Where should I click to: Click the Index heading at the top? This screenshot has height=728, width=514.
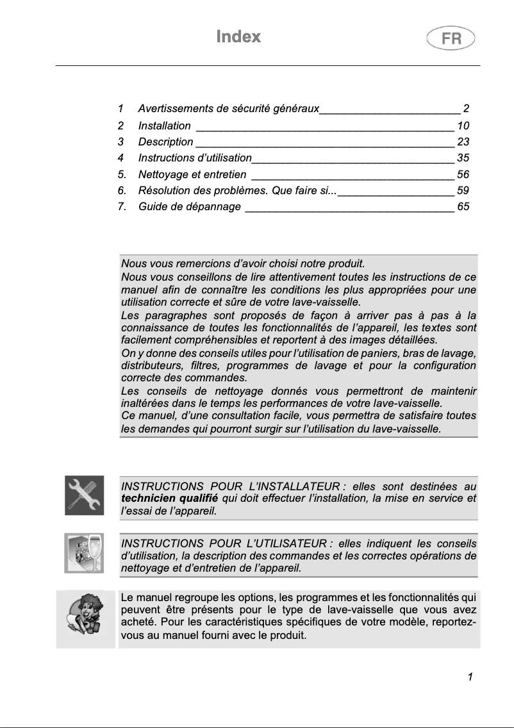pyautogui.click(x=238, y=37)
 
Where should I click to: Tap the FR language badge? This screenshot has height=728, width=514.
pyautogui.click(x=451, y=39)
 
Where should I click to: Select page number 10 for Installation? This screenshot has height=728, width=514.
pyautogui.click(x=463, y=126)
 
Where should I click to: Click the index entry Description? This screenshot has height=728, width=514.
pyautogui.click(x=165, y=142)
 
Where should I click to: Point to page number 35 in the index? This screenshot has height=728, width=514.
pyautogui.click(x=463, y=158)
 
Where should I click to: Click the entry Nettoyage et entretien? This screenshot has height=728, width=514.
pyautogui.click(x=192, y=174)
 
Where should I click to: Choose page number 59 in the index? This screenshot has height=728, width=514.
pyautogui.click(x=463, y=190)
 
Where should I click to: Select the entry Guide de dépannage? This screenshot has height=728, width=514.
pyautogui.click(x=190, y=206)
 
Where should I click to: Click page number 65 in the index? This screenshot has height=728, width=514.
pyautogui.click(x=463, y=206)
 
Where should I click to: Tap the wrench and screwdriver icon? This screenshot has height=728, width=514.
pyautogui.click(x=85, y=495)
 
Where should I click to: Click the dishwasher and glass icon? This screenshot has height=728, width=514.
pyautogui.click(x=84, y=552)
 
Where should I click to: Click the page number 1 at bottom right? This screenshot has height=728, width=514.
pyautogui.click(x=470, y=677)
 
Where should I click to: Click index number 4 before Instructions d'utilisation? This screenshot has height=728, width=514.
pyautogui.click(x=121, y=158)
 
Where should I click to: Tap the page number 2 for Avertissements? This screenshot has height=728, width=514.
pyautogui.click(x=467, y=109)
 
